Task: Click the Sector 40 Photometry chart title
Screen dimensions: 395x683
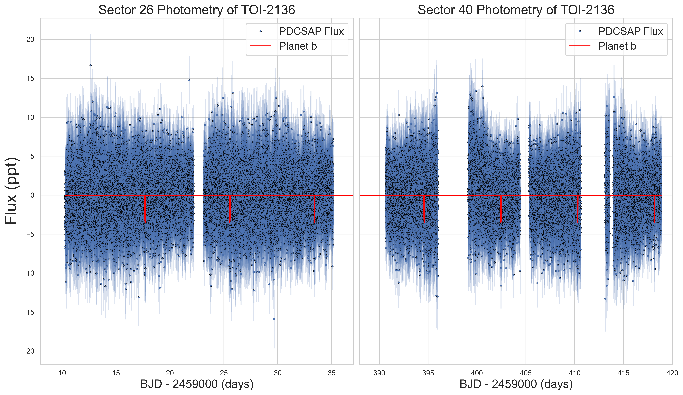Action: (x=516, y=10)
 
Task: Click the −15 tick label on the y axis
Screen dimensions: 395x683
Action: (x=28, y=312)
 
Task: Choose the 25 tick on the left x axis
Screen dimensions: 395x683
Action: (x=224, y=373)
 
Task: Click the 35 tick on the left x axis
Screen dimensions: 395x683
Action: (x=331, y=373)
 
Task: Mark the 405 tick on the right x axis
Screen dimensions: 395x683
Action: (x=526, y=373)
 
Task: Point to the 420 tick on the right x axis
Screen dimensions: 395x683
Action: (x=672, y=373)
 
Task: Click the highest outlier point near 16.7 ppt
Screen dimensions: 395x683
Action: (x=91, y=65)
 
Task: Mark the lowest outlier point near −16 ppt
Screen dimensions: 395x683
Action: (x=274, y=319)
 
